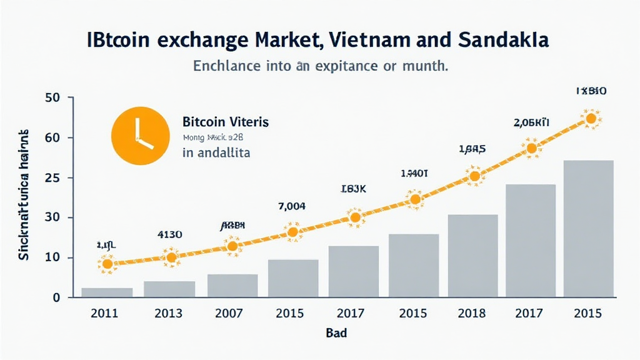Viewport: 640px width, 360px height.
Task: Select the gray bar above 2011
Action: [107, 292]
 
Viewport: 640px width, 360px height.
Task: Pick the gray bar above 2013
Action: [169, 289]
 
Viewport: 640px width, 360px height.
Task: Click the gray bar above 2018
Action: [472, 256]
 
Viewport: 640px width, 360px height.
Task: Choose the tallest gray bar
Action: [588, 228]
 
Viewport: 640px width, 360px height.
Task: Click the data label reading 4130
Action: [169, 235]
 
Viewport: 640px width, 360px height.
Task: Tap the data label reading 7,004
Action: [291, 207]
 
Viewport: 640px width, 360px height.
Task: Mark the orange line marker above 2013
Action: [171, 257]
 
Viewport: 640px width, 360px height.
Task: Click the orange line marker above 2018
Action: [474, 176]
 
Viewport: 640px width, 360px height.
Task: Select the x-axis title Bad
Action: [336, 333]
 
